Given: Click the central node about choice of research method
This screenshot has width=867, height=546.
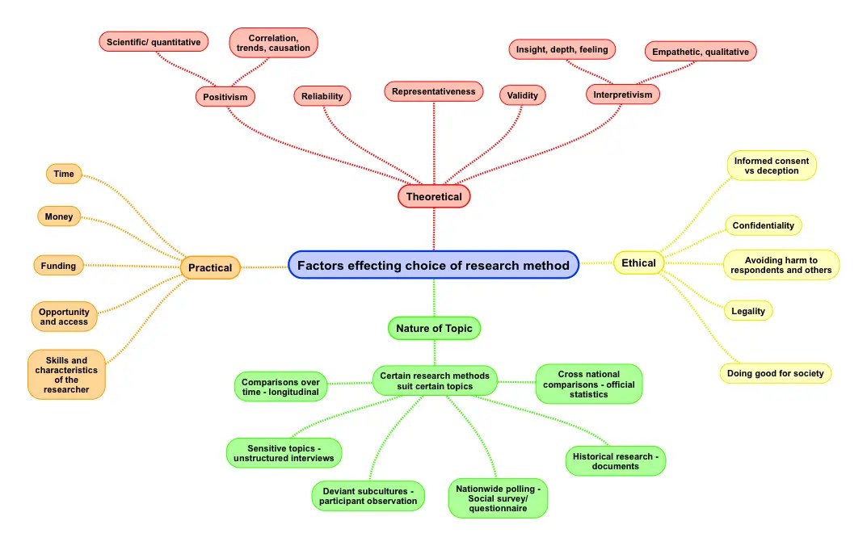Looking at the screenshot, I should click(433, 265).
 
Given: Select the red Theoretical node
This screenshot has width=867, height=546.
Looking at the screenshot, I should click(434, 196).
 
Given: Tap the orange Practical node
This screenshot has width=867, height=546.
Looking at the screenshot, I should click(210, 267).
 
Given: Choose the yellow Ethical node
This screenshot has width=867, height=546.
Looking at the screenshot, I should click(638, 262).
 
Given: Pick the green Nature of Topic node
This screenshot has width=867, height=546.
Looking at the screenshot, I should click(435, 328).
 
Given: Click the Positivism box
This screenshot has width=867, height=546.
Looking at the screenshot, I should click(225, 96).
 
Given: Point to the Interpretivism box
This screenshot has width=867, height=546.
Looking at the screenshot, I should click(622, 94).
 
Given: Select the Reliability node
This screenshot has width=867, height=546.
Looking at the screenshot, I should click(322, 96).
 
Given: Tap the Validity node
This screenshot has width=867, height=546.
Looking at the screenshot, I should click(522, 95).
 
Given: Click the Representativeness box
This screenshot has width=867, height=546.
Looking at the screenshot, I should click(433, 91).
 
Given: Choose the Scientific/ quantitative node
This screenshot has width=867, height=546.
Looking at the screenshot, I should click(154, 41).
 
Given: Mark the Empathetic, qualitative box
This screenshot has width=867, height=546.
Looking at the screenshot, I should click(700, 52).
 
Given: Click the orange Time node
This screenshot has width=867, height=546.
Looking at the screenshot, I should click(64, 174).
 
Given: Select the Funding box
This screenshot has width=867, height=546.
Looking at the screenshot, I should click(59, 265).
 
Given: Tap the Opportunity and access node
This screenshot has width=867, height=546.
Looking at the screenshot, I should click(65, 317).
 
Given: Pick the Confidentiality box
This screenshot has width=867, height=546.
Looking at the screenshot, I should click(763, 225).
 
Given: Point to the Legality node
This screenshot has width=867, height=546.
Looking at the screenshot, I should click(748, 311).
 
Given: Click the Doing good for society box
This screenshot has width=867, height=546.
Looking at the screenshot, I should click(775, 373).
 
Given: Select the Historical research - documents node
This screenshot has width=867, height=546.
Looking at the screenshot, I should click(615, 461).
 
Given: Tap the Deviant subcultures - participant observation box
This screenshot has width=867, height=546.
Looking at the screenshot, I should click(368, 496).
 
